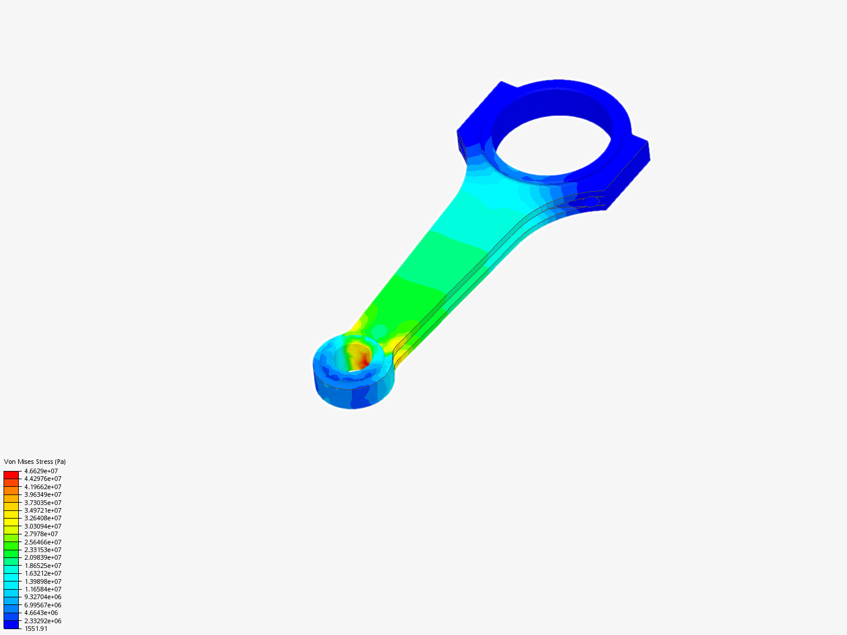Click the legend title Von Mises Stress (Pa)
click(x=35, y=462)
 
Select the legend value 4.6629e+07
click(x=41, y=471)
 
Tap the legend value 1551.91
click(x=36, y=629)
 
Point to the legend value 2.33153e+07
click(x=42, y=550)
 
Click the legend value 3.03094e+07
click(x=42, y=526)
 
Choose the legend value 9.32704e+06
click(x=42, y=597)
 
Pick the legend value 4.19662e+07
click(x=42, y=487)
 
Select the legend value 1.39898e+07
click(x=42, y=581)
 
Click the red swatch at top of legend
click(x=11, y=474)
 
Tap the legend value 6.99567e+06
click(x=42, y=605)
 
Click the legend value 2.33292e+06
click(x=42, y=621)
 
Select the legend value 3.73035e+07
click(x=42, y=503)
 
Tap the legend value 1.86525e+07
click(x=42, y=566)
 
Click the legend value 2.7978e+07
click(x=41, y=534)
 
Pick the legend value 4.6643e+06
click(x=41, y=613)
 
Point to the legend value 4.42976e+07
click(x=42, y=479)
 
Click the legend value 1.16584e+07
click(x=42, y=589)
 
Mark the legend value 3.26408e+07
click(x=42, y=518)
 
